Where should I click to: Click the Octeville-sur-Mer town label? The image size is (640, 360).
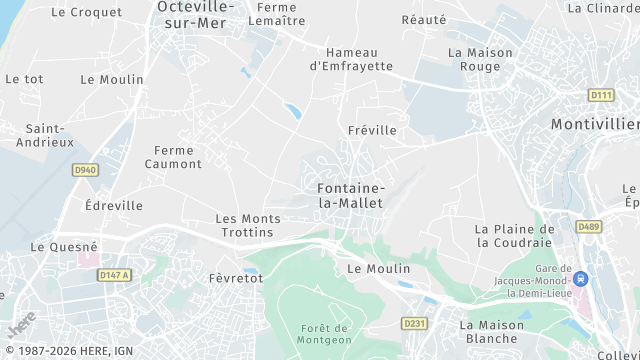point(195,15)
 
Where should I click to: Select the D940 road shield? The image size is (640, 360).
point(85,170)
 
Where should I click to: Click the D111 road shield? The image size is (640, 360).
point(601,95)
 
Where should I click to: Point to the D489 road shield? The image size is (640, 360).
point(589,227)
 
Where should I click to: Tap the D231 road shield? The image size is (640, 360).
point(413,323)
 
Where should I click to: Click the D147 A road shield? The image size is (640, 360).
point(114,275)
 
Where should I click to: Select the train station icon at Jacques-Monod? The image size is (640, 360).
point(581,279)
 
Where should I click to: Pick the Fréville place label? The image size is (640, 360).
point(372,130)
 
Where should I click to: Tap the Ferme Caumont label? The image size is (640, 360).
point(173,157)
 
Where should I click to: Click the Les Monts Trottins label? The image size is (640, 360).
point(244,225)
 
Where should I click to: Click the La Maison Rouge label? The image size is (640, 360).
point(480,59)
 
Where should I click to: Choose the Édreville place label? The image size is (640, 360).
point(114,205)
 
